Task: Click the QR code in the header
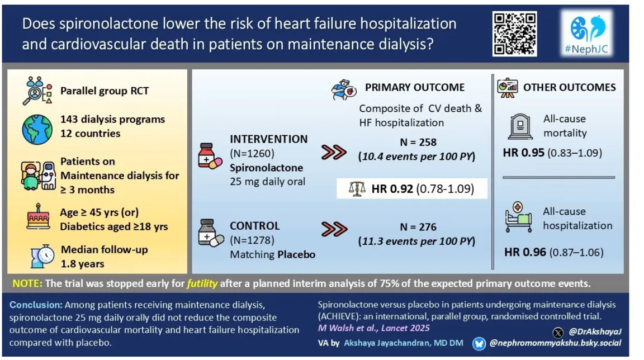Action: [x=514, y=34]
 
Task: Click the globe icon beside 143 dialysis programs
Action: [x=37, y=126]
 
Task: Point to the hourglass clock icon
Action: [x=42, y=255]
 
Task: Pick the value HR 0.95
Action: [x=524, y=153]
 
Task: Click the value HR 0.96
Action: [x=525, y=252]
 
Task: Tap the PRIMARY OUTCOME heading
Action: [x=414, y=87]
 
